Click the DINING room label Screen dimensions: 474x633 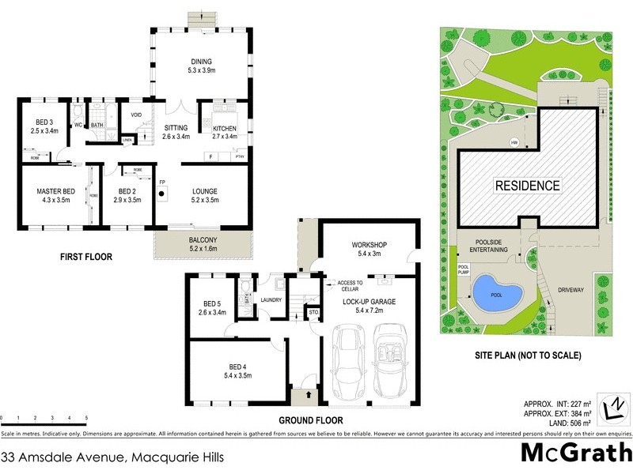click(x=201, y=62)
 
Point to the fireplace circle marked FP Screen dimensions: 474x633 click(x=161, y=193)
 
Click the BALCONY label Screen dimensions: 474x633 click(x=203, y=239)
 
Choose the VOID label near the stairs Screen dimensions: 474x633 click(x=135, y=115)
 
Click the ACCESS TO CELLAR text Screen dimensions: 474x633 click(x=349, y=285)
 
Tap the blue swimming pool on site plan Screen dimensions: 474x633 click(x=495, y=295)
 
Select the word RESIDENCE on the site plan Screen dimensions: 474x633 click(x=527, y=186)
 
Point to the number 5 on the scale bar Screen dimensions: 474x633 click(x=86, y=417)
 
